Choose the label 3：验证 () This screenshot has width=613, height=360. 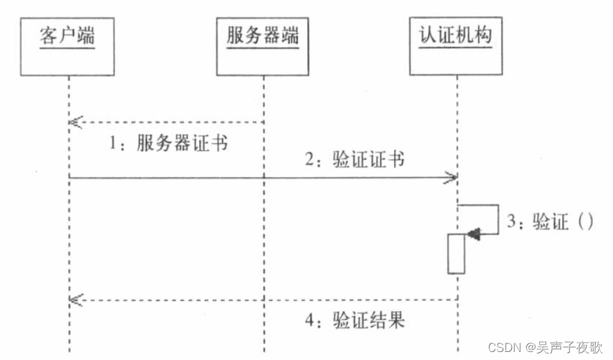click(x=550, y=221)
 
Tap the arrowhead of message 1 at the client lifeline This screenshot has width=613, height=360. click(x=74, y=122)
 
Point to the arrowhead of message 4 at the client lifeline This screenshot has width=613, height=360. click(x=74, y=300)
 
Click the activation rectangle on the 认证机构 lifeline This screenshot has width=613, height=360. click(x=456, y=254)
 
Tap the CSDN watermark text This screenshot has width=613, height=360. click(x=545, y=347)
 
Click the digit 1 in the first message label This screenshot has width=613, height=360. click(x=114, y=145)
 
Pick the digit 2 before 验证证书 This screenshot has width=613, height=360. click(x=310, y=160)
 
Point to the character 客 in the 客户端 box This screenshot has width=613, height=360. click(x=49, y=35)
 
